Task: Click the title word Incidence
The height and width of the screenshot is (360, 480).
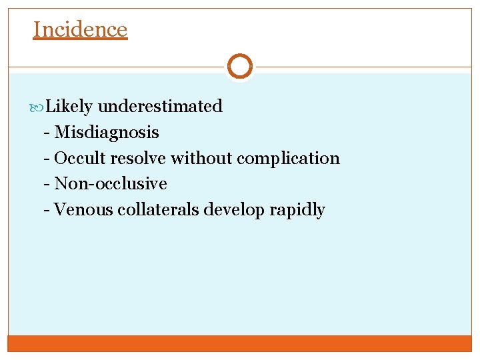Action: pyautogui.click(x=80, y=29)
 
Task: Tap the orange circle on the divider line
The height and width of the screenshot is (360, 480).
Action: pyautogui.click(x=239, y=67)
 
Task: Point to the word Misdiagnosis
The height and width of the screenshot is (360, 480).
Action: pyautogui.click(x=107, y=132)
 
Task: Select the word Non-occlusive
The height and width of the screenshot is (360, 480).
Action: pyautogui.click(x=111, y=183)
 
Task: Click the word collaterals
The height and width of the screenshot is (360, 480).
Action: pyautogui.click(x=158, y=209)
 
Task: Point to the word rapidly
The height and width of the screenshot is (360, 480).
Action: pyautogui.click(x=297, y=210)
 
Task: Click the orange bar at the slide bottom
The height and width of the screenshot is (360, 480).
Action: pyautogui.click(x=239, y=343)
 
